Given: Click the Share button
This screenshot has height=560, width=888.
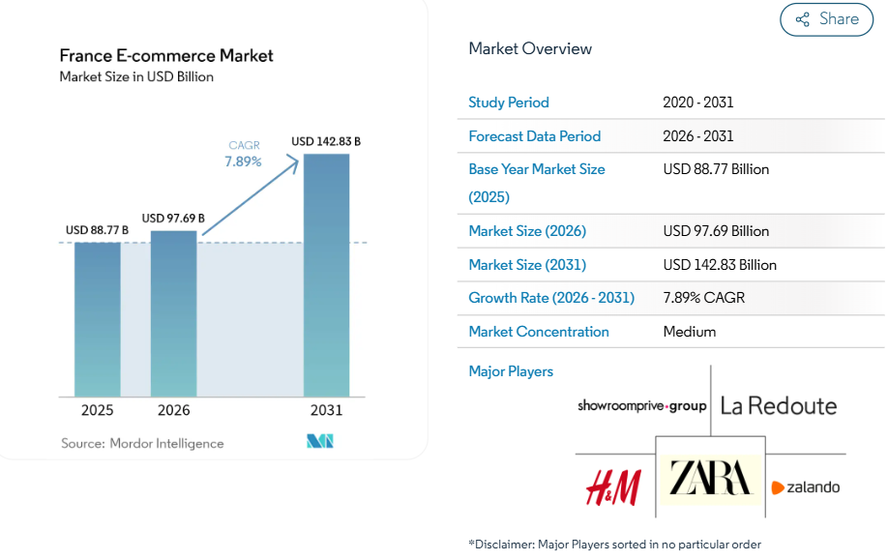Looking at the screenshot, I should [826, 19].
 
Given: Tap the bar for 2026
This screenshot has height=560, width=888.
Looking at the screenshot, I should [174, 313].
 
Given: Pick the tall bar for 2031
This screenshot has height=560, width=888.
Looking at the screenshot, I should [326, 276].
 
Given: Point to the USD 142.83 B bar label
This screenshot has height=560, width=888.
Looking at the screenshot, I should [326, 141].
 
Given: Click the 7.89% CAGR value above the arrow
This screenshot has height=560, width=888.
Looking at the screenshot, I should [243, 162].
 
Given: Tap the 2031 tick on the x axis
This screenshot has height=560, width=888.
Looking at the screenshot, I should [326, 410].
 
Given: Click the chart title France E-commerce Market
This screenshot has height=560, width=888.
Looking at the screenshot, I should [166, 55].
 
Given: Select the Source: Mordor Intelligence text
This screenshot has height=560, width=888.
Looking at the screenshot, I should [142, 443].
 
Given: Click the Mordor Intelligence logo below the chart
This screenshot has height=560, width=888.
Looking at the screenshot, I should [320, 442].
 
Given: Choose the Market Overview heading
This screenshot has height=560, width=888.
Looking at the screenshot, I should [530, 48].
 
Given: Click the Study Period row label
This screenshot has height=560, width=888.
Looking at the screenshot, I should [509, 103].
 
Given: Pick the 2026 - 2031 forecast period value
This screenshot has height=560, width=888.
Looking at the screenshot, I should [698, 136].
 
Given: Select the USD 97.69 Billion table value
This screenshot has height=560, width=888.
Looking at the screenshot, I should [716, 231].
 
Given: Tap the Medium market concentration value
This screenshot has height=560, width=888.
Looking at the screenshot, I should [690, 332].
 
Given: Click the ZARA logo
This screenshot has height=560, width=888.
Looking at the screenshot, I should [711, 479].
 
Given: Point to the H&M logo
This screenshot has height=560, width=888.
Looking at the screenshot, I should [613, 486].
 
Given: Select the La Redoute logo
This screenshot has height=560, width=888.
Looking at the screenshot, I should [779, 405].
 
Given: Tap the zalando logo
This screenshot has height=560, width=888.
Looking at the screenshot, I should [805, 487].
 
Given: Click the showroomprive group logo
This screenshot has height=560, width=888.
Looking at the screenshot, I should [642, 406].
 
